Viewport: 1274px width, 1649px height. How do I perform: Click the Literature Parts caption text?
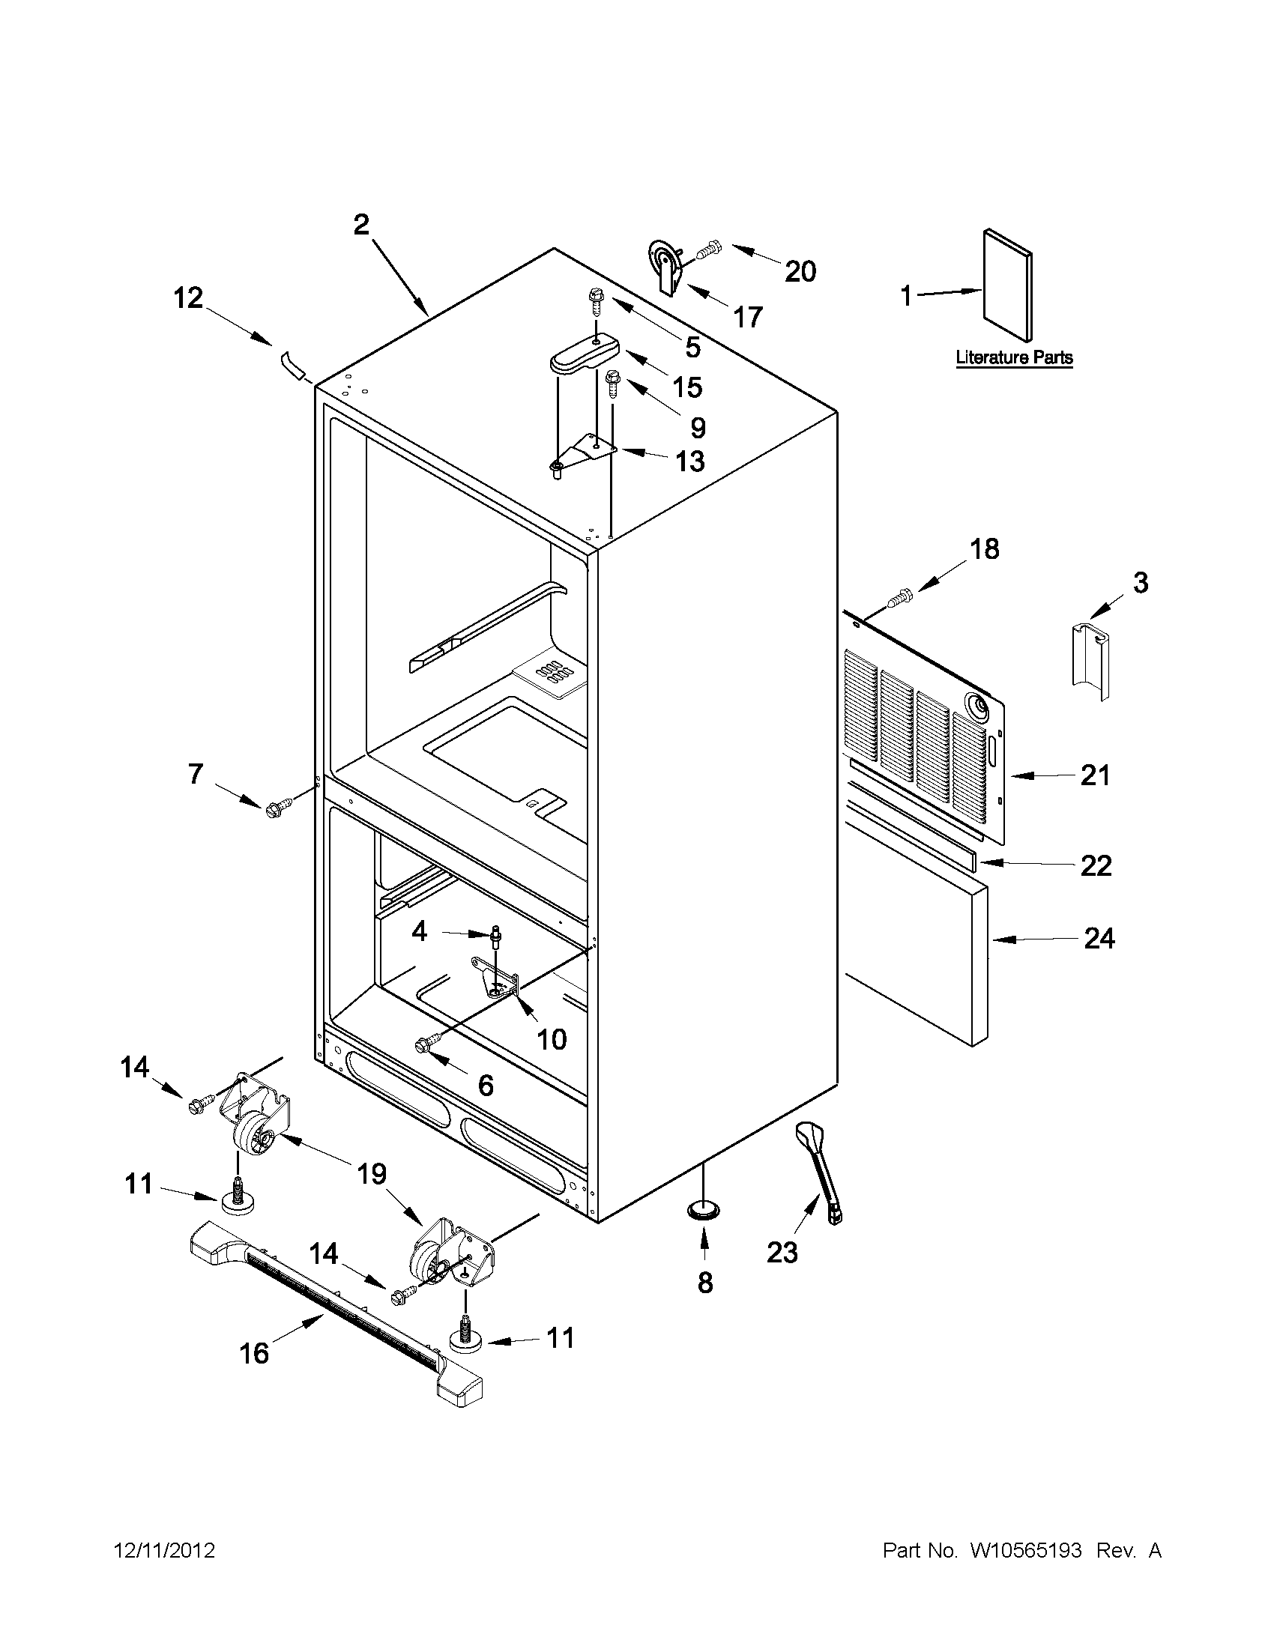pyautogui.click(x=1013, y=357)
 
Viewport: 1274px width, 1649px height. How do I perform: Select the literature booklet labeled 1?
pyautogui.click(x=1007, y=285)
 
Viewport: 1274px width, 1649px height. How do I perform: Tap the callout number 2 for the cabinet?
pyautogui.click(x=362, y=224)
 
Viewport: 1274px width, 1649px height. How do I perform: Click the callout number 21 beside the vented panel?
pyautogui.click(x=1095, y=775)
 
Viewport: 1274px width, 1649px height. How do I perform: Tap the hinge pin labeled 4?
pyautogui.click(x=496, y=937)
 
